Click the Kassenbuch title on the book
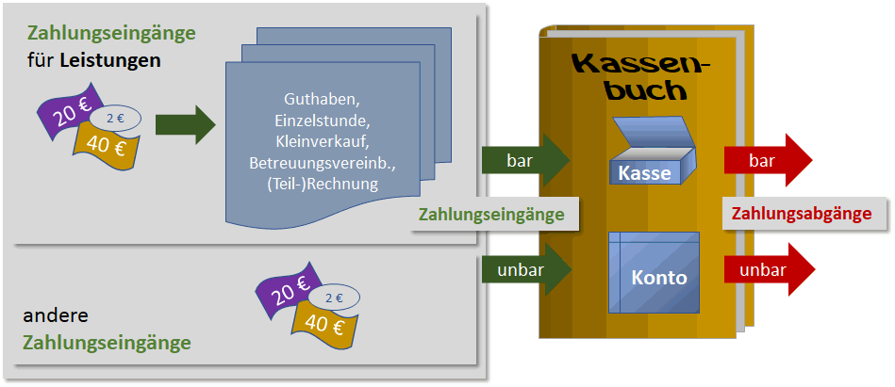640,78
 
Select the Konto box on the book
654,272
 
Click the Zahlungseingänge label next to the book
491,215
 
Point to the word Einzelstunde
321,121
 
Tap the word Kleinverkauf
321,142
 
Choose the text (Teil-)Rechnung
321,185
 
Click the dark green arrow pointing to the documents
185,125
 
